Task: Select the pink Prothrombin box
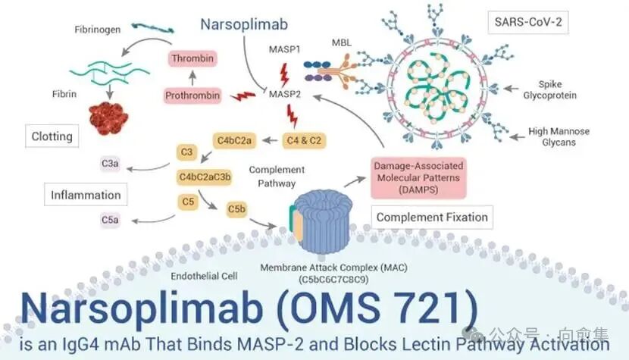coord(192,95)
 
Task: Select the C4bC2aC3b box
coord(205,177)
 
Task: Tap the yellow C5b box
coord(237,207)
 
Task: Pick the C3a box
coord(109,162)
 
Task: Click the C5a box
coord(109,220)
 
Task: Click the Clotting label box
coord(52,137)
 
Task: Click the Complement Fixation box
coord(432,218)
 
